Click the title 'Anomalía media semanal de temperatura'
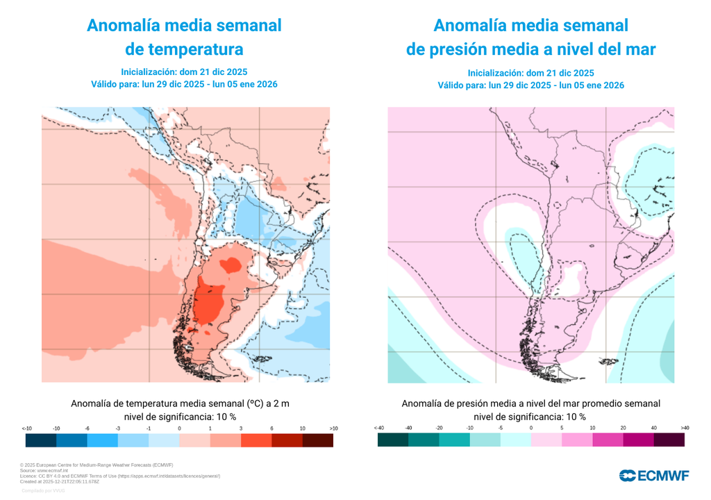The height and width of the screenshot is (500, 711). pos(184,37)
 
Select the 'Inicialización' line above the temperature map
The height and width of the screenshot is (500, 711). pos(184,72)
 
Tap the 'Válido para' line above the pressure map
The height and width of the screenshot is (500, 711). pos(530,85)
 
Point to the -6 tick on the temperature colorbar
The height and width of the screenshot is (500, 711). pos(87,428)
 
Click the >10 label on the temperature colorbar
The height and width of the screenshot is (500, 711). pos(333,428)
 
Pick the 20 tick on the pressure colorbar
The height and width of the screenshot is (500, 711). pos(623,428)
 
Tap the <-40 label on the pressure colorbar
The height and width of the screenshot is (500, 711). pos(378,428)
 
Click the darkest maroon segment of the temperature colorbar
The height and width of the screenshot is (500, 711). pos(318,440)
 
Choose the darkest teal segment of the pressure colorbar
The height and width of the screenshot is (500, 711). pos(393,440)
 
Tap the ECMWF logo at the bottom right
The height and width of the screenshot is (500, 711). pos(654,476)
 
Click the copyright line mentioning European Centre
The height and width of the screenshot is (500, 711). pos(97,465)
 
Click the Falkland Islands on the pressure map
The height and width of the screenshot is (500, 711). pos(608,362)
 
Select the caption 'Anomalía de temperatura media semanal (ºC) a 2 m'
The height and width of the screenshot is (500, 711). pos(180,403)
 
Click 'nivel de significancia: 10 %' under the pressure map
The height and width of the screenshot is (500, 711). pos(530,417)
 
